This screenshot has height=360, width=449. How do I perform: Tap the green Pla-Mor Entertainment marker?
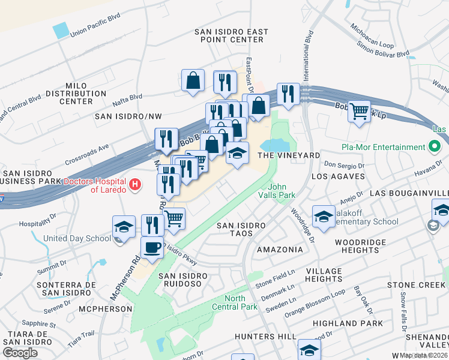coord(434,147)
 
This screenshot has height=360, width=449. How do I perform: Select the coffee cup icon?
coord(152,247)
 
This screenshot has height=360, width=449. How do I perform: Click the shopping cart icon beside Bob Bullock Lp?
coord(359,110)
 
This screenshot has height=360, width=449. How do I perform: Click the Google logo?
coord(20,352)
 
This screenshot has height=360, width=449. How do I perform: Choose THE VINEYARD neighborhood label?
coord(289,155)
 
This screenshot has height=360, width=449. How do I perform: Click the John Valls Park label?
coord(277,190)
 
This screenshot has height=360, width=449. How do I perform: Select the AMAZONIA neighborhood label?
coord(280,249)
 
